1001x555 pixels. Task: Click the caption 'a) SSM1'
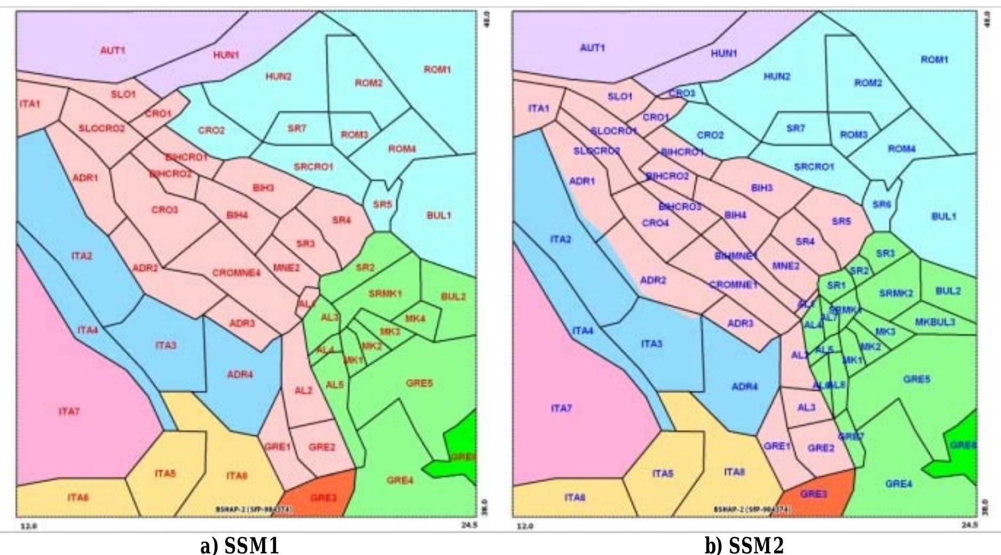[239, 545]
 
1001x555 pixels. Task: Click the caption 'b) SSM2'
[744, 545]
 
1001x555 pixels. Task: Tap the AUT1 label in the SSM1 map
[112, 50]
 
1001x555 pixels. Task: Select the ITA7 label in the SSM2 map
[561, 408]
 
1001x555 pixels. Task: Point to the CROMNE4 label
[237, 273]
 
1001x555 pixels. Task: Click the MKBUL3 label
[935, 322]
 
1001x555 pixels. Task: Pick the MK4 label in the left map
[415, 319]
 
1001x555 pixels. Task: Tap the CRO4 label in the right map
[655, 223]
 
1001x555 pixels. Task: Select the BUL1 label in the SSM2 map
[943, 216]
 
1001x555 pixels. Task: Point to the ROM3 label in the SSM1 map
[354, 134]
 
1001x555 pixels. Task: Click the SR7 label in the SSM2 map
[795, 129]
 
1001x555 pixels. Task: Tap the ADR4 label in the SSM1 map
[240, 375]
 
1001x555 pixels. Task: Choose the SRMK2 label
[896, 293]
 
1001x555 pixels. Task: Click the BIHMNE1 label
[736, 256]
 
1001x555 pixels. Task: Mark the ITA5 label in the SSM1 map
[165, 473]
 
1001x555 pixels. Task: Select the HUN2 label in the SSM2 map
[777, 76]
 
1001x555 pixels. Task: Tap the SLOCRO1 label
[614, 131]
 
